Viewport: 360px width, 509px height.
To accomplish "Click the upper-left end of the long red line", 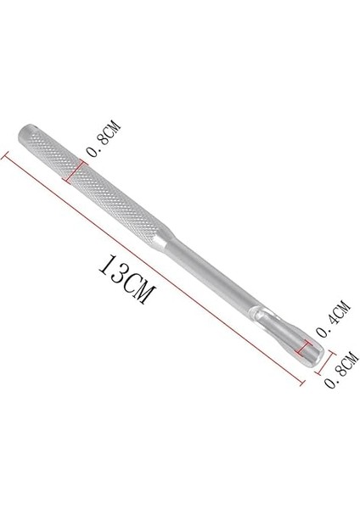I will [x=7, y=153].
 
